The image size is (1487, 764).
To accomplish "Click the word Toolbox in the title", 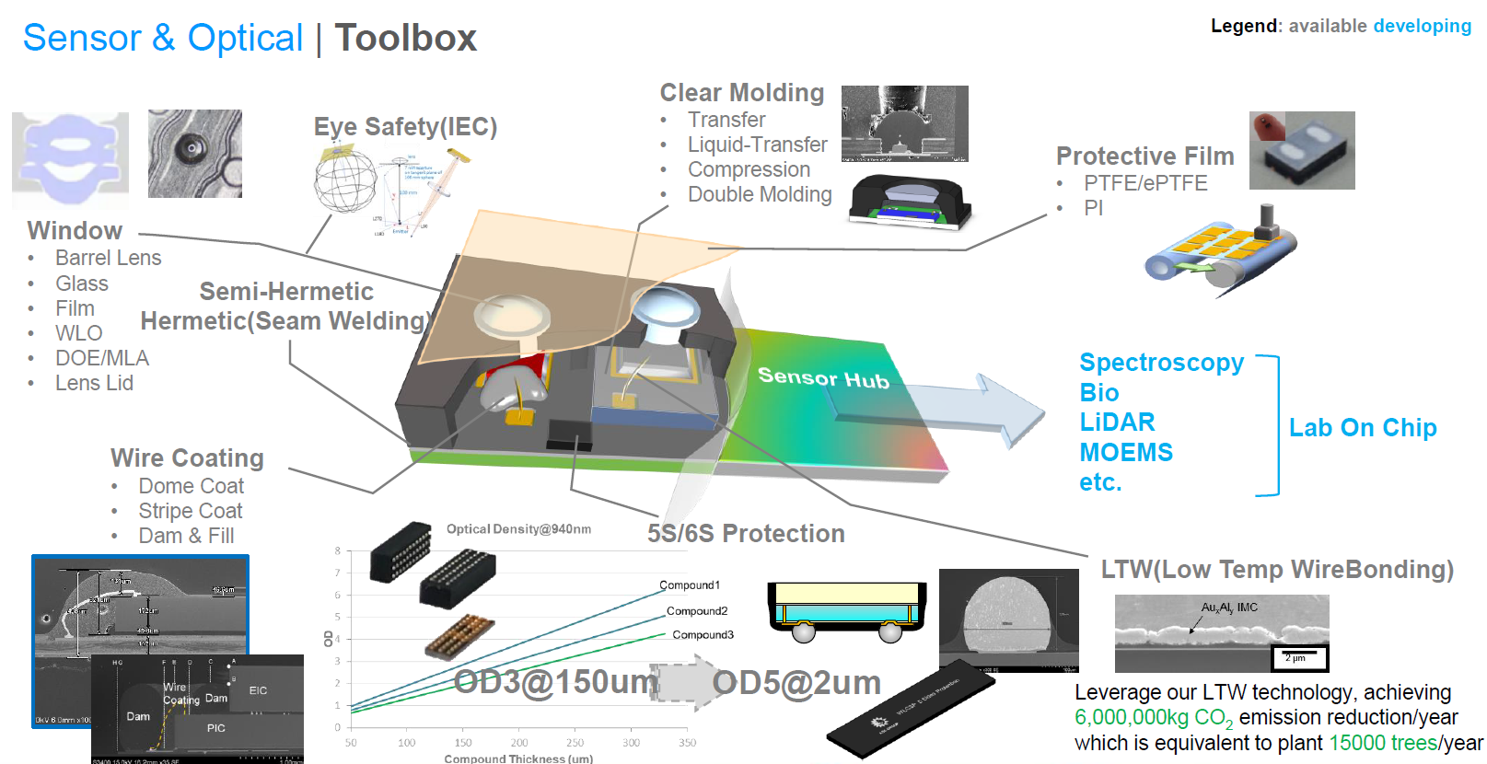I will tap(405, 39).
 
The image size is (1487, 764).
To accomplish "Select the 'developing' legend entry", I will tap(1422, 26).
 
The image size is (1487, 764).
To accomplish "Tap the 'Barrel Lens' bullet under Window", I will tap(108, 258).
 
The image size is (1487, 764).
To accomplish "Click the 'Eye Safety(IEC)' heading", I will tap(405, 126).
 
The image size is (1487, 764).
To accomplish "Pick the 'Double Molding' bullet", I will tap(760, 194).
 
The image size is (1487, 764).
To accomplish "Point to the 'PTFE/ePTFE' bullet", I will tap(1145, 183).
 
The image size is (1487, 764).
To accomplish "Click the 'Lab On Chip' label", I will tap(1363, 428).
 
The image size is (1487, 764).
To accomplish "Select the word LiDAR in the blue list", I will tap(1117, 423).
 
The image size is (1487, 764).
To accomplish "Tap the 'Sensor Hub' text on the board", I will tap(823, 377).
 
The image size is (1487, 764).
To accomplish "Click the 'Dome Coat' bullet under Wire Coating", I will tap(192, 486).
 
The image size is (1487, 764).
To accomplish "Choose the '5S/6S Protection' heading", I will tap(746, 534).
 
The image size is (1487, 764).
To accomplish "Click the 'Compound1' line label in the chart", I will tap(690, 585).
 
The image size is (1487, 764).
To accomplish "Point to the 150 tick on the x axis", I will tap(463, 743).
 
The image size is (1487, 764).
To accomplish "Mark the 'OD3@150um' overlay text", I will tap(556, 682).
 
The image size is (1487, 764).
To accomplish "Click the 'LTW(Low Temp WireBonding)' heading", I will tap(1277, 570).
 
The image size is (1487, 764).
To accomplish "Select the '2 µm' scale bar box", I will tap(1299, 658).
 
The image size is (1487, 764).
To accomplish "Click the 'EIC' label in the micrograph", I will tap(258, 690).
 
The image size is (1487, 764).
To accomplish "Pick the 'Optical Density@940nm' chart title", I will tap(518, 529).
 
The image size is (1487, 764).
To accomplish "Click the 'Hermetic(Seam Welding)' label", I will tap(286, 321).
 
